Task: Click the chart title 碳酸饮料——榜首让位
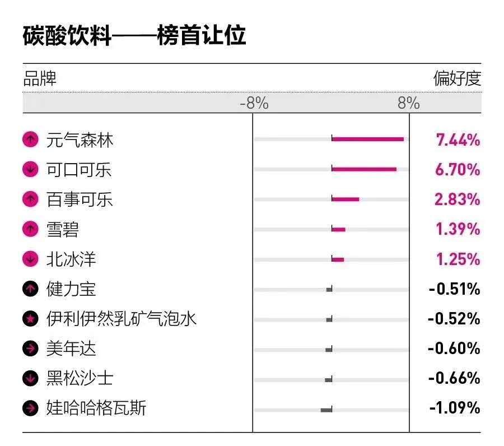pyautogui.click(x=134, y=36)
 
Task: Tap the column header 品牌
pyautogui.click(x=40, y=78)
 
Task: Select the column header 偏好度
pyautogui.click(x=457, y=78)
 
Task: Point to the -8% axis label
pyautogui.click(x=254, y=103)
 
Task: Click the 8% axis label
pyautogui.click(x=409, y=103)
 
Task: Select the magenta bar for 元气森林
pyautogui.click(x=367, y=139)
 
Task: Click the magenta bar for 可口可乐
pyautogui.click(x=364, y=169)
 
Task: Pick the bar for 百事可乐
pyautogui.click(x=345, y=199)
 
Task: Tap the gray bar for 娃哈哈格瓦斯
pyautogui.click(x=326, y=410)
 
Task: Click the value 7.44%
pyautogui.click(x=458, y=140)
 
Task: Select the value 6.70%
pyautogui.click(x=458, y=169)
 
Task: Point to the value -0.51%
pyautogui.click(x=454, y=289)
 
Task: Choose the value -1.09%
pyautogui.click(x=454, y=408)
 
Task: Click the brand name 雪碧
pyautogui.click(x=62, y=229)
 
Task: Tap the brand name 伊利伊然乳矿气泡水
pyautogui.click(x=122, y=319)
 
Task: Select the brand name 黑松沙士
pyautogui.click(x=80, y=378)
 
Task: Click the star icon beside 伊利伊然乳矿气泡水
pyautogui.click(x=30, y=319)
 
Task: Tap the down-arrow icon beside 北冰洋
pyautogui.click(x=30, y=259)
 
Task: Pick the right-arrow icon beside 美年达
pyautogui.click(x=30, y=349)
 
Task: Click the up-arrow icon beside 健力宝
pyautogui.click(x=30, y=289)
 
